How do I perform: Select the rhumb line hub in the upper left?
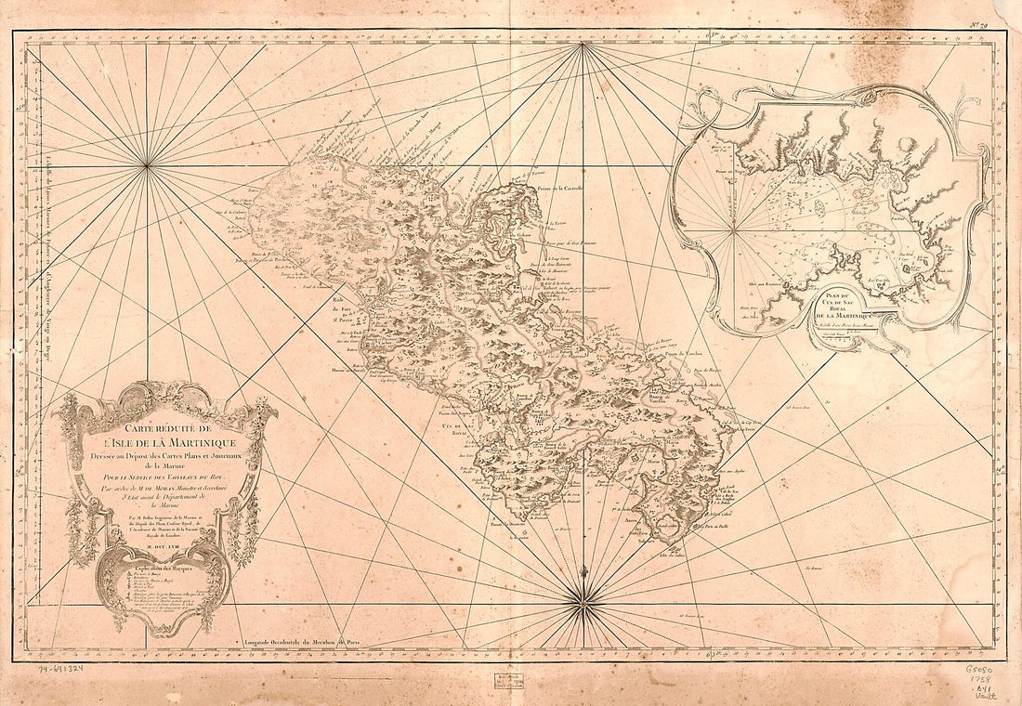coord(147,166)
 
